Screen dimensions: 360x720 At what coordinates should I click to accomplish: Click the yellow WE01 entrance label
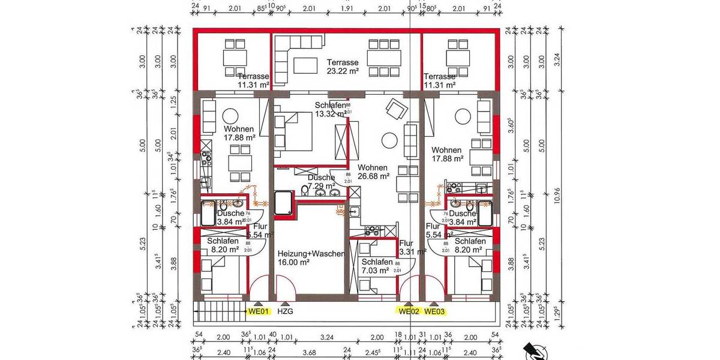tap(259, 311)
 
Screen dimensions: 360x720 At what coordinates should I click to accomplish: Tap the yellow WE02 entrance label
tap(408, 311)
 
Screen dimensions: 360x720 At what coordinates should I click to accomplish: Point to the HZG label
tap(287, 311)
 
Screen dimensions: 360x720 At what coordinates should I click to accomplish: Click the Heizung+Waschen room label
tap(311, 254)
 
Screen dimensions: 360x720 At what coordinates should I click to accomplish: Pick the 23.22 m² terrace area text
tap(343, 71)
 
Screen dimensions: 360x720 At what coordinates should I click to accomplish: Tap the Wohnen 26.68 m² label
tap(373, 172)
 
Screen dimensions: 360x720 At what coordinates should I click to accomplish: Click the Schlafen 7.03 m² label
tap(377, 267)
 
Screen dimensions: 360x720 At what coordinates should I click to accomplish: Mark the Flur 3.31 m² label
tap(412, 247)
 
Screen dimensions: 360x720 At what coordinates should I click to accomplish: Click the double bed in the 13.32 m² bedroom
tap(294, 134)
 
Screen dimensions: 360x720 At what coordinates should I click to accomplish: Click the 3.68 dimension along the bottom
tap(309, 352)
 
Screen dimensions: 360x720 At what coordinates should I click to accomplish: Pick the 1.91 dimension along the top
tap(348, 9)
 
